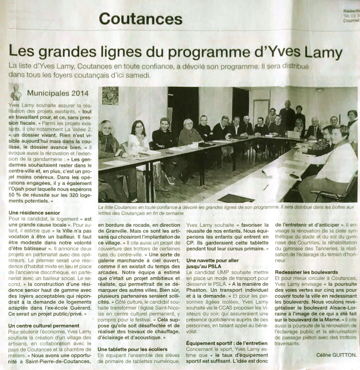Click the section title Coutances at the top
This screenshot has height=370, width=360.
click(x=141, y=18)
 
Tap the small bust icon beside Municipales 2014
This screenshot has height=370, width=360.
click(x=16, y=92)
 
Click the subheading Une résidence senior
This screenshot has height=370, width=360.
click(x=34, y=213)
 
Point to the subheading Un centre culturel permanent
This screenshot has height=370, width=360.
click(x=44, y=326)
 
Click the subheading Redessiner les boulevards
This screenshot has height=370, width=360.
click(x=306, y=272)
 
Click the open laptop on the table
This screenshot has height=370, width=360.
click(x=293, y=135)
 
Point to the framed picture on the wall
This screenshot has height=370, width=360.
click(x=110, y=96)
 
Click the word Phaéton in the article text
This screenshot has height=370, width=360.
click(x=199, y=291)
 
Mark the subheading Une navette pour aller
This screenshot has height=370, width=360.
click(x=212, y=261)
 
